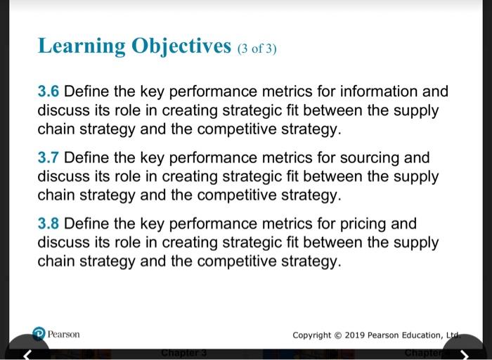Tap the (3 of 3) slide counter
coord(257,49)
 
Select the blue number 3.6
coord(48,91)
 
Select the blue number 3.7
coord(48,157)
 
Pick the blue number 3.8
coord(48,224)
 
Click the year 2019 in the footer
coord(356,335)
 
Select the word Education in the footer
coord(422,335)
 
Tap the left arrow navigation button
coord(26,353)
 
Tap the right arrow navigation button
coord(464,353)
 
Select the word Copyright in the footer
coord(313,335)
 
